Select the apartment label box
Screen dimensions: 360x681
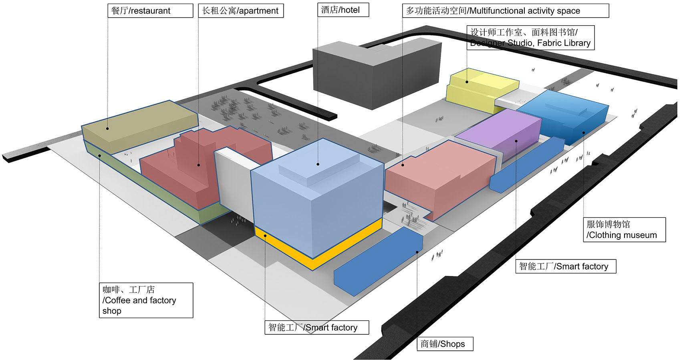coord(241,11)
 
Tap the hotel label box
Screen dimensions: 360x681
coord(343,10)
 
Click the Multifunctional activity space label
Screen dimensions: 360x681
coord(505,11)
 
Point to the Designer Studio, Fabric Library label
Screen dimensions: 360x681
coord(530,38)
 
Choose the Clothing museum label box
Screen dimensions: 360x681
coord(624,230)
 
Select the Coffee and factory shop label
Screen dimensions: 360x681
coord(146,300)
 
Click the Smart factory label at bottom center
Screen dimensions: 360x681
coord(316,328)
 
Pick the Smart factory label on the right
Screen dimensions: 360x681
coord(565,266)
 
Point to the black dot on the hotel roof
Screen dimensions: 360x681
coord(318,164)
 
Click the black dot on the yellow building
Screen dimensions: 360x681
coord(467,82)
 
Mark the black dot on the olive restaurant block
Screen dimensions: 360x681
coord(107,129)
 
